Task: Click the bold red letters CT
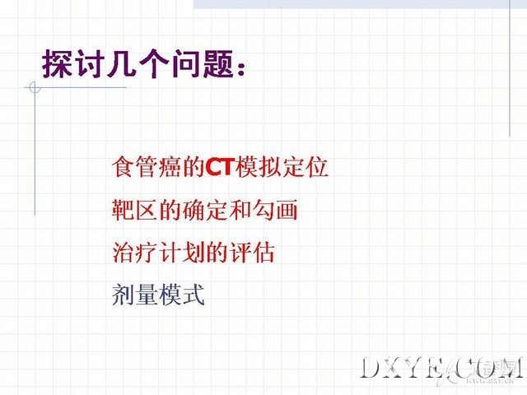click(220, 166)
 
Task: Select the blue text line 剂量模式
click(158, 295)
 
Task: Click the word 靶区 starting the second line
click(134, 210)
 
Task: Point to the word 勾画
click(276, 210)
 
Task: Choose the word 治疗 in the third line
click(134, 252)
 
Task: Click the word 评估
click(253, 252)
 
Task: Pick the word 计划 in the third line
click(181, 252)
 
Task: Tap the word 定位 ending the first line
click(305, 166)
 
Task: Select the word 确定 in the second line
click(206, 210)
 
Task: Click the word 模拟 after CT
click(258, 166)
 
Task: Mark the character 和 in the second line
click(240, 210)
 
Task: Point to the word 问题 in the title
click(203, 64)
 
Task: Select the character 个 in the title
click(154, 64)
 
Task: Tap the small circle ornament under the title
click(35, 87)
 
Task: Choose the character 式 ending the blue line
click(193, 295)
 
